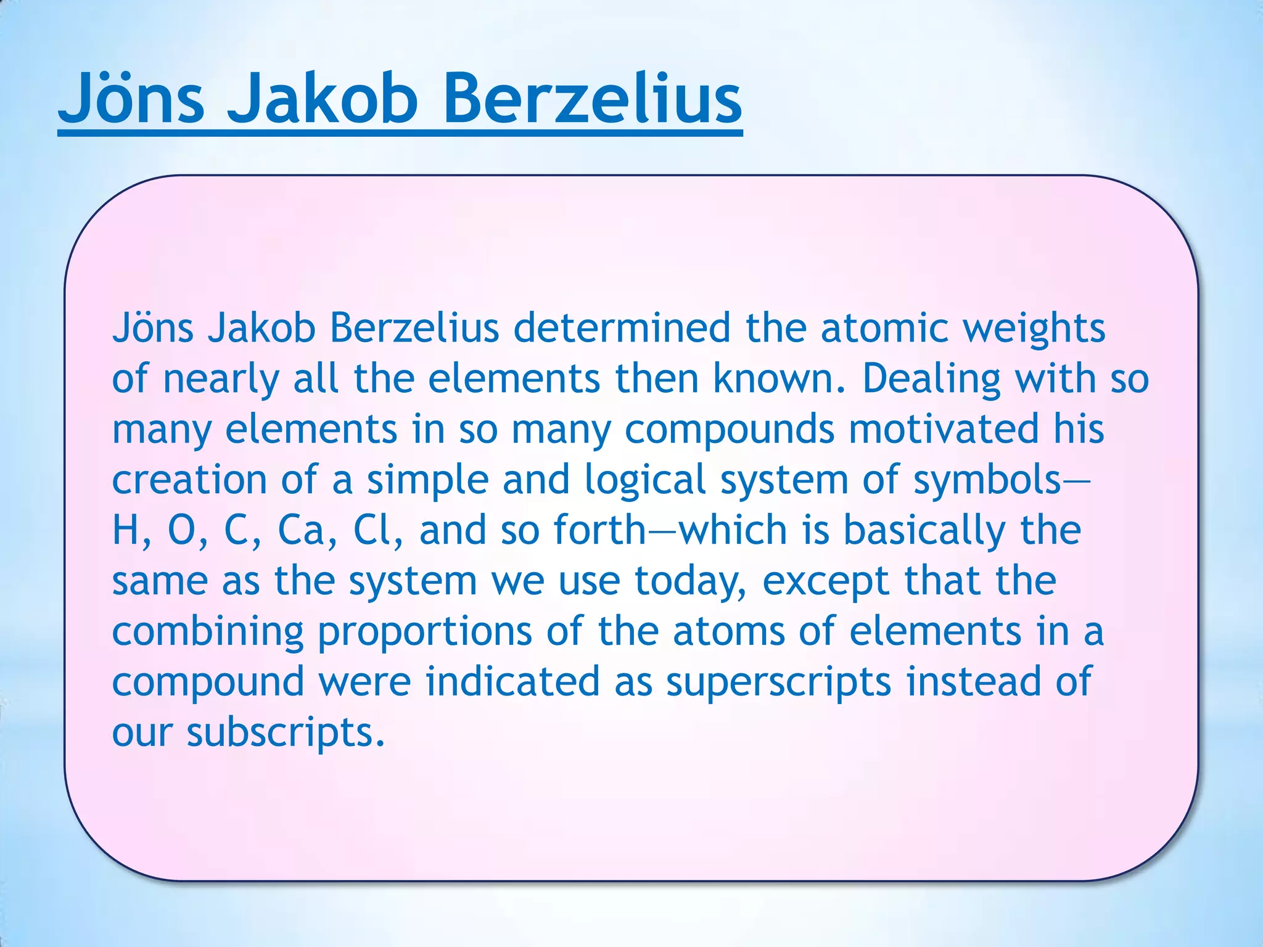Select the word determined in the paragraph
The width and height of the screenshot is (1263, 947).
click(622, 327)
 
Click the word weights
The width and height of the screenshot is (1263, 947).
click(1034, 327)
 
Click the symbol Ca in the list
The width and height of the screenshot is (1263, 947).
click(300, 530)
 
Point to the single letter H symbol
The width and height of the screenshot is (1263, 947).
click(125, 530)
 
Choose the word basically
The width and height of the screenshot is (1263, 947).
click(924, 531)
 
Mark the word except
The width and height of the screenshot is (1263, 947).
click(826, 581)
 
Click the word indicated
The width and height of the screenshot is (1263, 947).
click(512, 682)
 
